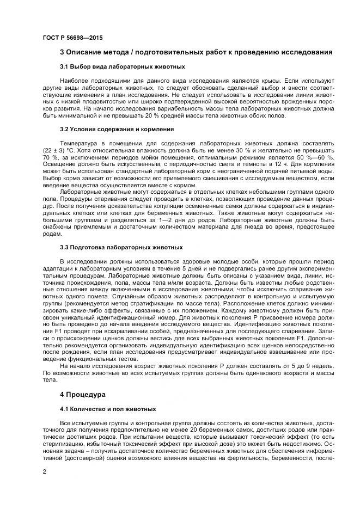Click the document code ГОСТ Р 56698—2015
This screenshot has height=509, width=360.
pos(72,38)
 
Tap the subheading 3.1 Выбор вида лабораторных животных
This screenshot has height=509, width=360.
pos(123,67)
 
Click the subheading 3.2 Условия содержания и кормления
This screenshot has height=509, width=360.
pos(117,130)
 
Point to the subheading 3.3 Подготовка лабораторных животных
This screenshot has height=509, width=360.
pos(121,247)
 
